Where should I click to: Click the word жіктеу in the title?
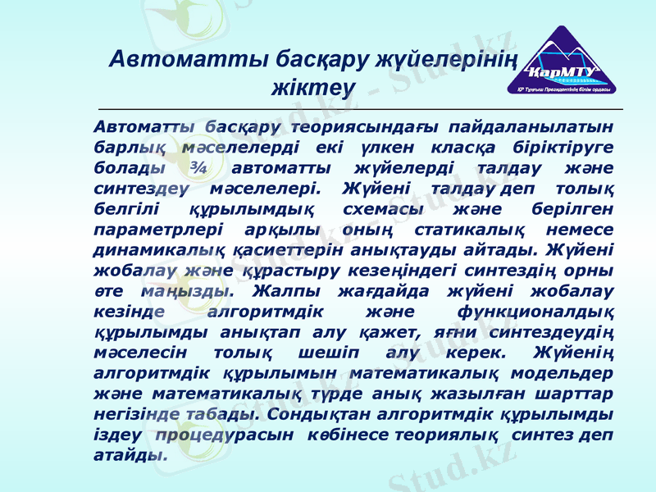point(312,85)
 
